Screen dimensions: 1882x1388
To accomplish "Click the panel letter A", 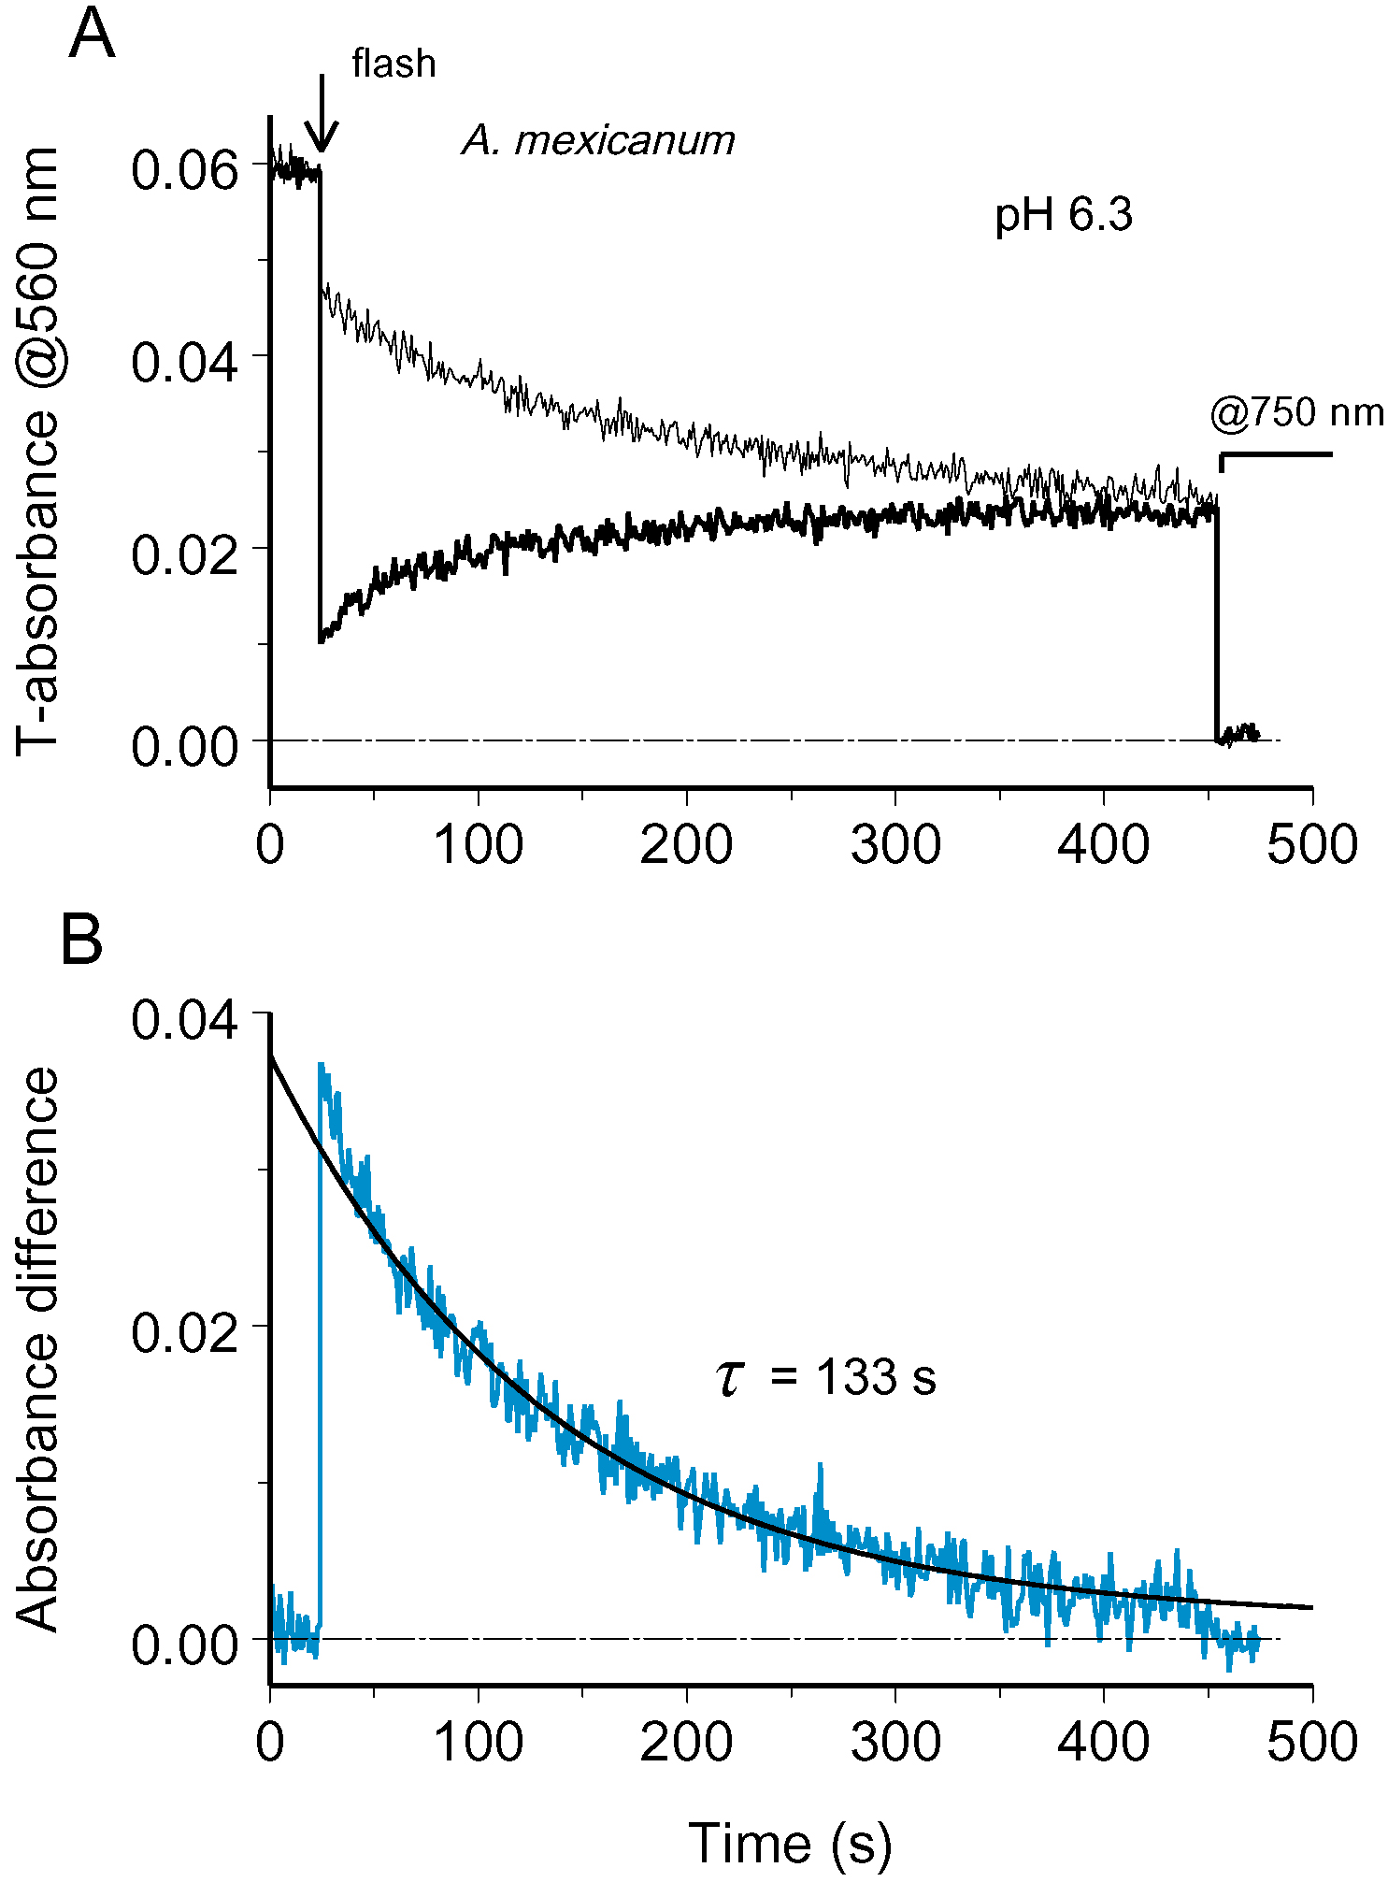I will coord(92,36).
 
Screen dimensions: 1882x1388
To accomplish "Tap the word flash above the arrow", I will coord(394,65).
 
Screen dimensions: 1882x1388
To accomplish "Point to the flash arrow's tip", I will coord(322,150).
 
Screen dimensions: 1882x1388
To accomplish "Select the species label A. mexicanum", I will coord(598,140).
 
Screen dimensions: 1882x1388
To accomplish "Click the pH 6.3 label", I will coord(1063,215).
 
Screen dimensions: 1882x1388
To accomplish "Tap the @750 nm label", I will coord(1296,412).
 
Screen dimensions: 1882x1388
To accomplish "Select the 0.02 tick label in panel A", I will coord(186,555).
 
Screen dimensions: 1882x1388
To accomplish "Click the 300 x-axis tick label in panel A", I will coord(895,845).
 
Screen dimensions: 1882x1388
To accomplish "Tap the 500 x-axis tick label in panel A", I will coord(1311,845).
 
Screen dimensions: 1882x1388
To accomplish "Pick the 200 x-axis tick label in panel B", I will coord(686,1742).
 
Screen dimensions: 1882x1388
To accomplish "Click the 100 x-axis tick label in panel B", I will coord(478,1742).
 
